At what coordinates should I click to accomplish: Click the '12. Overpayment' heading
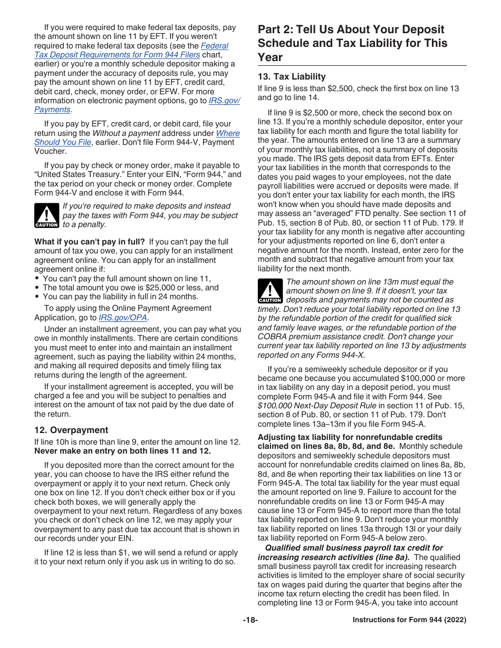71,430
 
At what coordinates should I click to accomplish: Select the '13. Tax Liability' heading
292,76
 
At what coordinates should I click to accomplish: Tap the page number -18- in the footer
250,620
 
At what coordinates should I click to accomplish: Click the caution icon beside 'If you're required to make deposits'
46,215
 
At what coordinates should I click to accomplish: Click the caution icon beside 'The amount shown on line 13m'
270,291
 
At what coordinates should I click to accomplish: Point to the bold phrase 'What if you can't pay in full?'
89,242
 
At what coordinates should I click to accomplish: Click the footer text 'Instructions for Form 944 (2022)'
409,620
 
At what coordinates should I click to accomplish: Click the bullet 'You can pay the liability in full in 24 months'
120,297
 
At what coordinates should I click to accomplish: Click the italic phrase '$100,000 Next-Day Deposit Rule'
317,406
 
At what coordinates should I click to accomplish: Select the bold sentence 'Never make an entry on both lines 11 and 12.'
122,451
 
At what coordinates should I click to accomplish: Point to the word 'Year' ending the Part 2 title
270,57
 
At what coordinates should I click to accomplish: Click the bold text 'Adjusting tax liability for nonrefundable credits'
350,437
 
